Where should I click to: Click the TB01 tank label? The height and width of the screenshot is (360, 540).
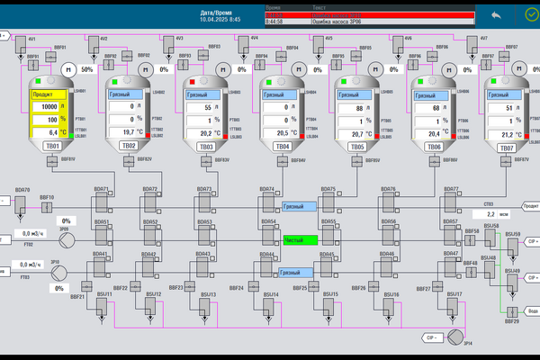53,146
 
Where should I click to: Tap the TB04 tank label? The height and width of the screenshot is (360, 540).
283,146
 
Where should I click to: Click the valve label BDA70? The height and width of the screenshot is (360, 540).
22,190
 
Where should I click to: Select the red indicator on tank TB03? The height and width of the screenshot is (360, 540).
191,83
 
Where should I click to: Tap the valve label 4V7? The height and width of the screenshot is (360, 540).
484,39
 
